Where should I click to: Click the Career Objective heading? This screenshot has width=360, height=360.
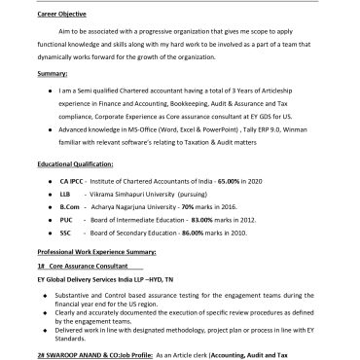(x=60, y=16)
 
